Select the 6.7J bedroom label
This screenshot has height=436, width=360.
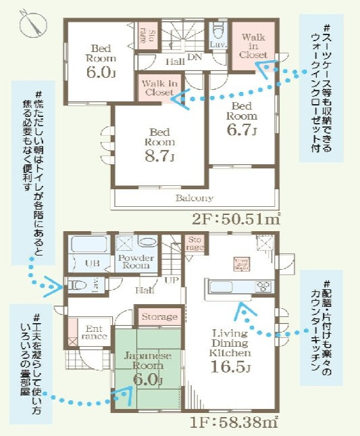(x=240, y=118)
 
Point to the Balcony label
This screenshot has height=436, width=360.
(x=195, y=198)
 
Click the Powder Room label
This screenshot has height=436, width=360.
(x=136, y=261)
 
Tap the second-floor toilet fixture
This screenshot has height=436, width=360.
(x=217, y=32)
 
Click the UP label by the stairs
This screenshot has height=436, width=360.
(x=172, y=280)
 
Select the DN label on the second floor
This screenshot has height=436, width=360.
(x=195, y=58)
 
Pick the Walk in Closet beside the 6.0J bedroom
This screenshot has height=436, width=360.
(x=159, y=87)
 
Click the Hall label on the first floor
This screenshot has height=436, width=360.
(x=143, y=291)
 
